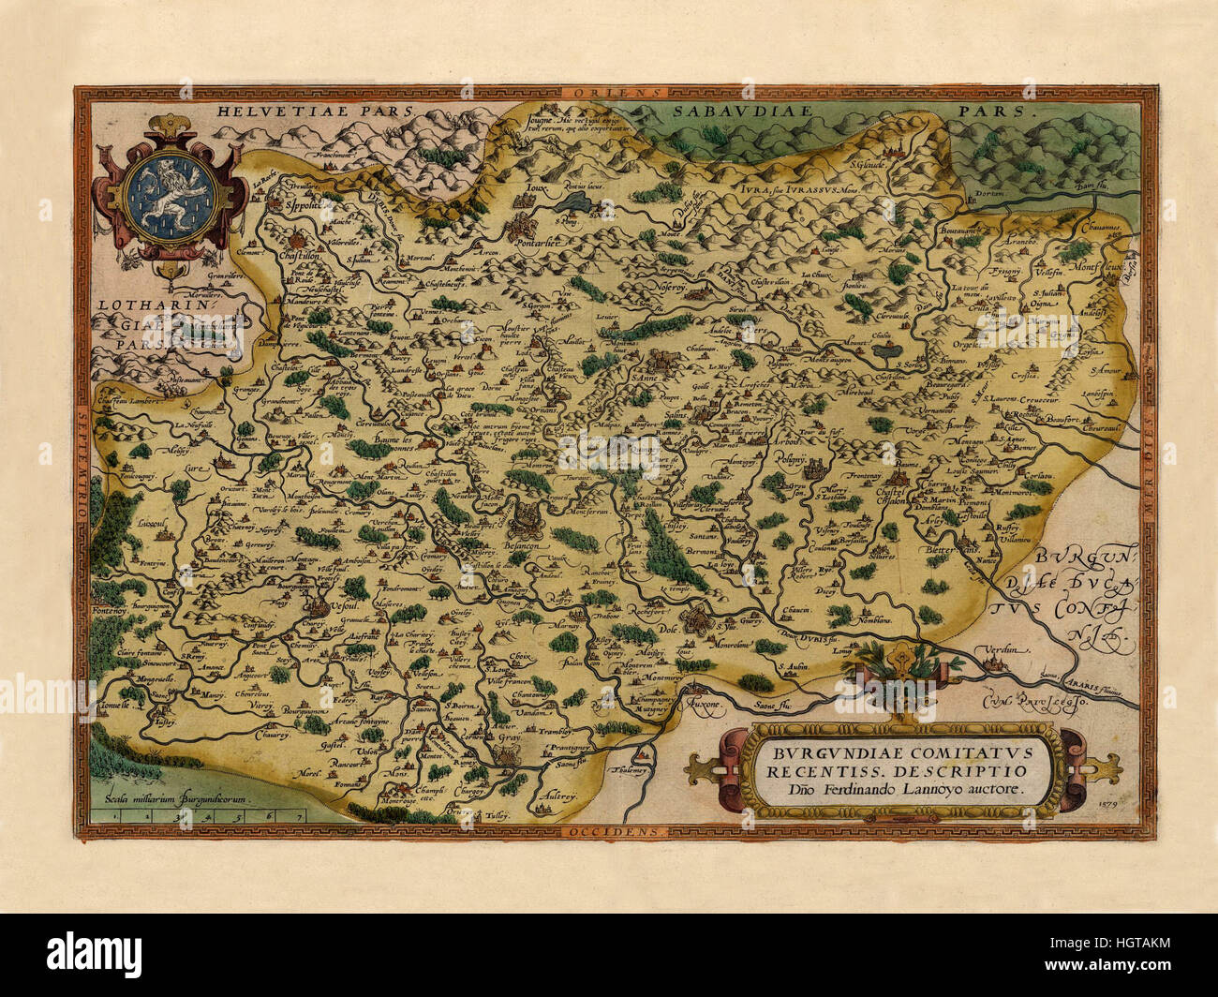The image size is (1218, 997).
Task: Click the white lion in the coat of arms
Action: click(x=171, y=194)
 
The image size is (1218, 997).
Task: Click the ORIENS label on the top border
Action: click(x=614, y=93)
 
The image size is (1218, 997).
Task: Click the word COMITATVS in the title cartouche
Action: click(x=946, y=751)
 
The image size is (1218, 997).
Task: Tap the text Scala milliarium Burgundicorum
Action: click(x=174, y=799)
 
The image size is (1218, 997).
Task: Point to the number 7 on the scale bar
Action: click(x=298, y=817)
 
